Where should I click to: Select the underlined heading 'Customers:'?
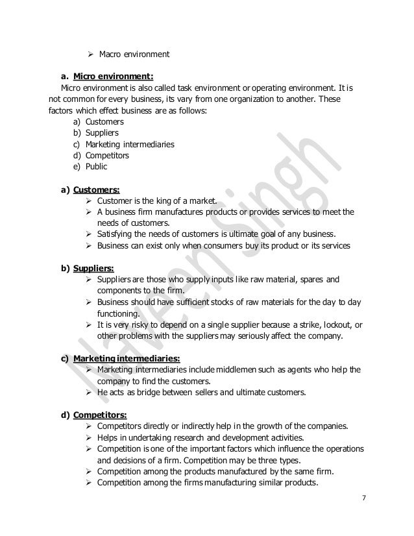tap(97, 191)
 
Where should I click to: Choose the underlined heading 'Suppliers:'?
tap(95, 267)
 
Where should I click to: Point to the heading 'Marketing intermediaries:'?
tap(127, 358)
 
